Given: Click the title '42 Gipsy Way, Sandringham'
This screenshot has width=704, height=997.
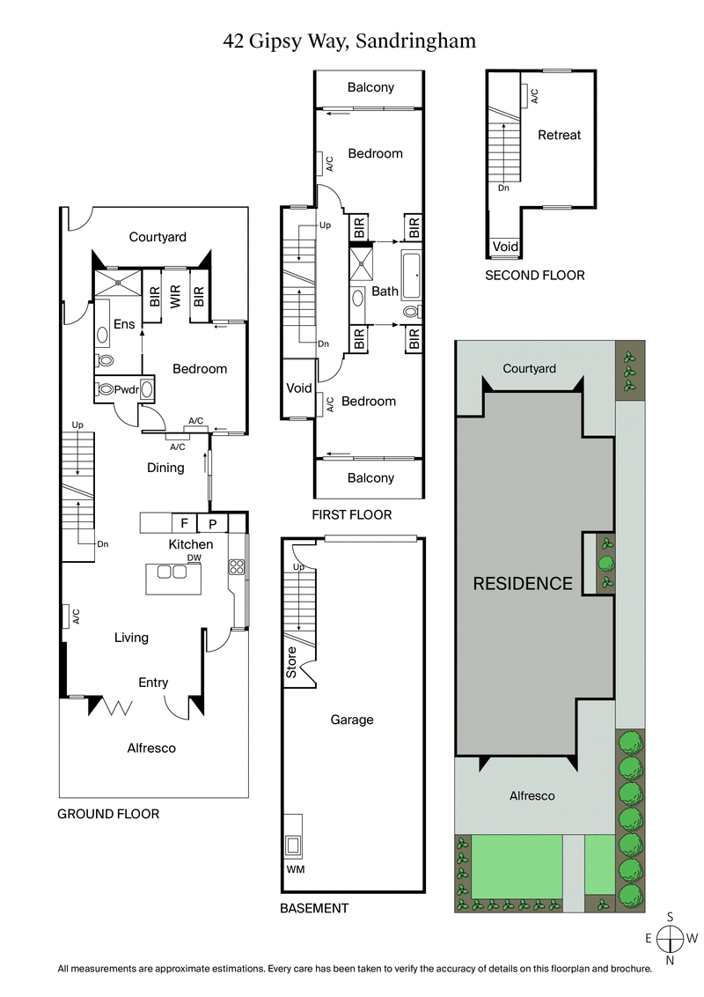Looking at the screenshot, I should point(350,41).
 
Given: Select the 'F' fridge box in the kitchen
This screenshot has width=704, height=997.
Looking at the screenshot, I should point(185,523).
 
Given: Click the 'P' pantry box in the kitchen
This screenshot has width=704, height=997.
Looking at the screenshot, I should point(212,523).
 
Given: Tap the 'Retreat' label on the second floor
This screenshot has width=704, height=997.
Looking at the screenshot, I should point(559,135).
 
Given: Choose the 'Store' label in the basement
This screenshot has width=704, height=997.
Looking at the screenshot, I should point(291,663).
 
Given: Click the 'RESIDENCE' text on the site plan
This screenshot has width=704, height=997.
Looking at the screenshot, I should point(523,583).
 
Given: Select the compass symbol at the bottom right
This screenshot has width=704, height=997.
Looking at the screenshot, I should point(671,939).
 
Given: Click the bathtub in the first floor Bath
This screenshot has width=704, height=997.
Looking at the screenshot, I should point(412,275).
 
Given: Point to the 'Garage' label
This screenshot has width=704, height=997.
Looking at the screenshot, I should point(351,720).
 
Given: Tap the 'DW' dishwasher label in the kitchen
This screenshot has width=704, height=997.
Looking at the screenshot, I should point(194,558).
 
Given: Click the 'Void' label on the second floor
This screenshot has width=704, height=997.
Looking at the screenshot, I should point(505,247).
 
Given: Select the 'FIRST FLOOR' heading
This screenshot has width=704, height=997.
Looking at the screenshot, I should point(351,514).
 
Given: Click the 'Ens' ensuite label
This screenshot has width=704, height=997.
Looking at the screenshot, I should point(124,324).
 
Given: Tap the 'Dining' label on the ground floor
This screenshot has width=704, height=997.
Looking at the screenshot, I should point(165,468).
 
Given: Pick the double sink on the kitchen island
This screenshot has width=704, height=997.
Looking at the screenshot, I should point(172,572).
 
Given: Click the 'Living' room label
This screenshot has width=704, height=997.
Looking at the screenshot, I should point(131,637).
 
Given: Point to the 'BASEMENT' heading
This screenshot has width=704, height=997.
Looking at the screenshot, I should point(313,908).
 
